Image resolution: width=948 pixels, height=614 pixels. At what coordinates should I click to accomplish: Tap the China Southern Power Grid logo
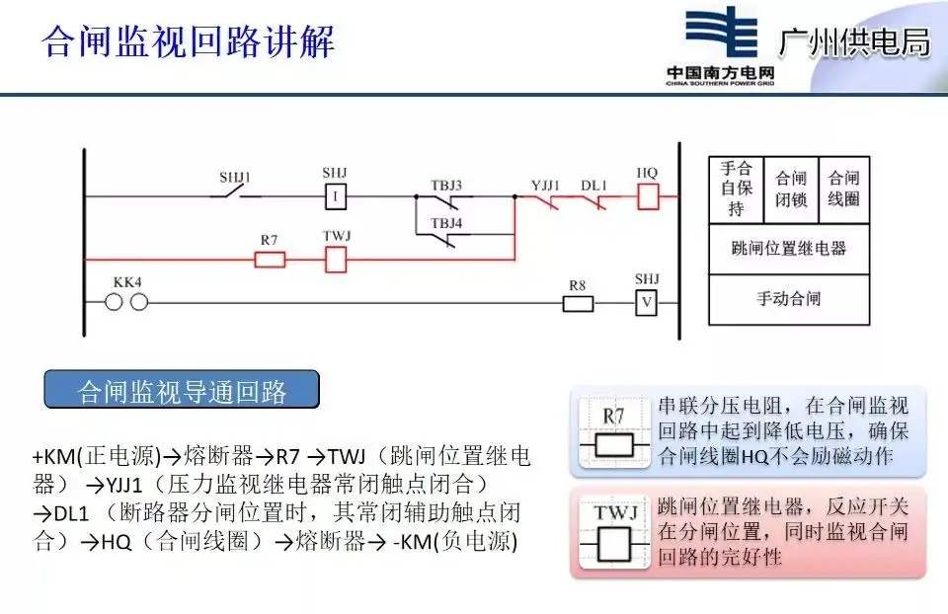(x=718, y=46)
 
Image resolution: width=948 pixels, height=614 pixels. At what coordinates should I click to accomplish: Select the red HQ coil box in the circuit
(x=648, y=196)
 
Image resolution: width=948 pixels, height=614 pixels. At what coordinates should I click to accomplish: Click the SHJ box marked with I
(x=336, y=197)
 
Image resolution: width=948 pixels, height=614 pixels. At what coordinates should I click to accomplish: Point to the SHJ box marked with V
(x=646, y=302)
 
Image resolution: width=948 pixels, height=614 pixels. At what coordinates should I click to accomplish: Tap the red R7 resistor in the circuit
(x=271, y=260)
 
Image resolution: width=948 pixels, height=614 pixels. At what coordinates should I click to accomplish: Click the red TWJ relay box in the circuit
(x=336, y=260)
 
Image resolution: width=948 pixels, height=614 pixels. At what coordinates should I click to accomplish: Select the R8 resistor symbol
(x=579, y=302)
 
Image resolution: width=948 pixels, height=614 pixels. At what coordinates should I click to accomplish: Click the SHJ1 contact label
(x=235, y=179)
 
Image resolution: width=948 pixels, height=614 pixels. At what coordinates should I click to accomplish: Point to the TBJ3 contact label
(x=445, y=185)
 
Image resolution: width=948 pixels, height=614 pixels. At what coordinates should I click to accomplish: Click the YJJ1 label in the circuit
(x=545, y=185)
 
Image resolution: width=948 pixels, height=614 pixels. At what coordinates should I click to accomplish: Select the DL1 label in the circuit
(x=593, y=185)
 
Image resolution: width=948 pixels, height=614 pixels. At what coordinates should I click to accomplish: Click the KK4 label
(x=127, y=282)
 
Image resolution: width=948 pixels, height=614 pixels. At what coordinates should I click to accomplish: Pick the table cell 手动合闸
(x=789, y=298)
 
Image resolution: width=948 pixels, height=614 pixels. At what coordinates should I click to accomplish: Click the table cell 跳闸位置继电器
(x=789, y=248)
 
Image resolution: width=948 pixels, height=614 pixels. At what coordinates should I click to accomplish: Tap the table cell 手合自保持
(x=736, y=189)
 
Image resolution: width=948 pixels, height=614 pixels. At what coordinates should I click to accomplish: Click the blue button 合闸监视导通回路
(x=182, y=391)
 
